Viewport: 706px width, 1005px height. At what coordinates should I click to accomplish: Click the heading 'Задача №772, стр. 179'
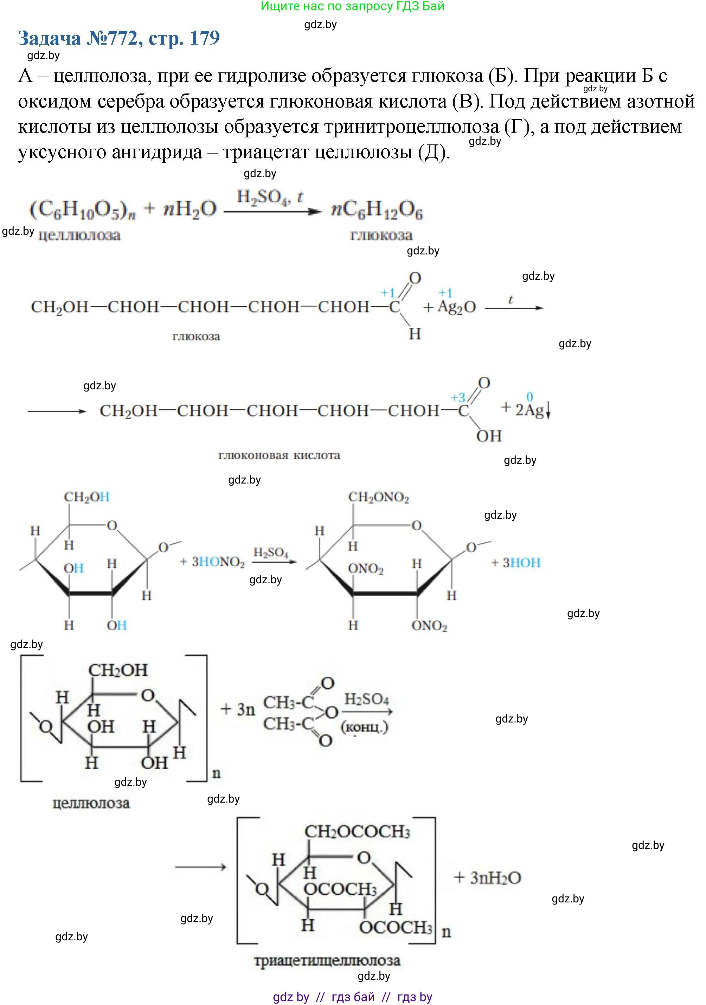pyautogui.click(x=119, y=39)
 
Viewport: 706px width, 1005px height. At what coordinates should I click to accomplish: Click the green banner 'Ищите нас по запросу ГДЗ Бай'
pyautogui.click(x=352, y=6)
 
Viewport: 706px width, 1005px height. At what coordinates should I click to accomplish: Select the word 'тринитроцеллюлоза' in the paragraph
pyautogui.click(x=411, y=127)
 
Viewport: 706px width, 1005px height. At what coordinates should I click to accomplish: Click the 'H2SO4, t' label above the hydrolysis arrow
pyautogui.click(x=269, y=197)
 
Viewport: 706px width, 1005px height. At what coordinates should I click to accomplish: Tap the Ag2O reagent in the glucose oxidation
pyautogui.click(x=456, y=307)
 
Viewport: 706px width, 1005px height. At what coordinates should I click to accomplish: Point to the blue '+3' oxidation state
pyautogui.click(x=458, y=397)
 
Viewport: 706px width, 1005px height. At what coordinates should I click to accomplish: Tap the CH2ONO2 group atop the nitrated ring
pyautogui.click(x=378, y=497)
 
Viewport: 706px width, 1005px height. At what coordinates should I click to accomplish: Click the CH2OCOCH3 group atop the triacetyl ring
pyautogui.click(x=357, y=831)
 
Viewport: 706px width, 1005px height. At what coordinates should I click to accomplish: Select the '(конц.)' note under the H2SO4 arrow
pyautogui.click(x=364, y=727)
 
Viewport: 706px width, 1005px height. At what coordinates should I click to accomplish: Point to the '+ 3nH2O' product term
pyautogui.click(x=487, y=878)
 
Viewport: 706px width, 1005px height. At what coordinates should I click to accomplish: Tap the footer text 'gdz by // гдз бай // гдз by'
pyautogui.click(x=352, y=997)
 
